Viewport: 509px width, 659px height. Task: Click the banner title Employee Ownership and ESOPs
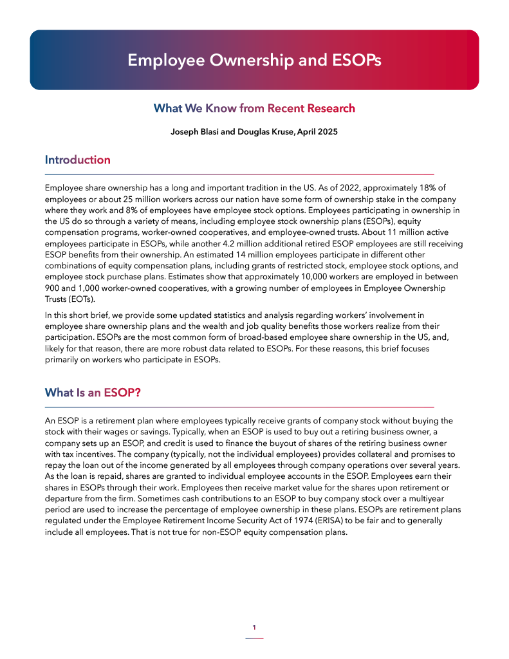[x=254, y=60]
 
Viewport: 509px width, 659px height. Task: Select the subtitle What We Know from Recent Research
[x=254, y=108]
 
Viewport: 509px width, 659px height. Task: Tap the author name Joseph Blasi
[x=195, y=133]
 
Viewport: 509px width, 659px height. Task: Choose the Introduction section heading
[x=77, y=160]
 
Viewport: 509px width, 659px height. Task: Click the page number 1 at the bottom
[x=254, y=627]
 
